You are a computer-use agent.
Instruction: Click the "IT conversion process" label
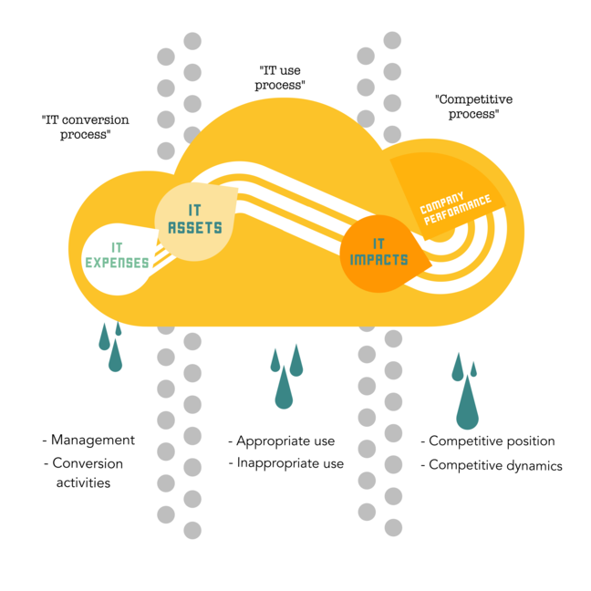(86, 127)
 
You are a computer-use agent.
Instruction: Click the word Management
(93, 440)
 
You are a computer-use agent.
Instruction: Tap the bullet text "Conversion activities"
(87, 472)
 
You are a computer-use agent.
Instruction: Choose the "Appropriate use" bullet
(285, 441)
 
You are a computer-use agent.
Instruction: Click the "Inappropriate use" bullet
(290, 463)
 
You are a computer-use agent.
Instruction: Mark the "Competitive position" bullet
(492, 441)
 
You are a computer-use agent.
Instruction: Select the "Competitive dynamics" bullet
(495, 465)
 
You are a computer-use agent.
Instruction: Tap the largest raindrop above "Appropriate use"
(285, 390)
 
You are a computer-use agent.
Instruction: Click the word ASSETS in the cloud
(195, 227)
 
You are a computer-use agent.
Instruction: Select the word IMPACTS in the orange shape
(378, 260)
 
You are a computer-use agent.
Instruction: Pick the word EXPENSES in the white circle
(117, 263)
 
